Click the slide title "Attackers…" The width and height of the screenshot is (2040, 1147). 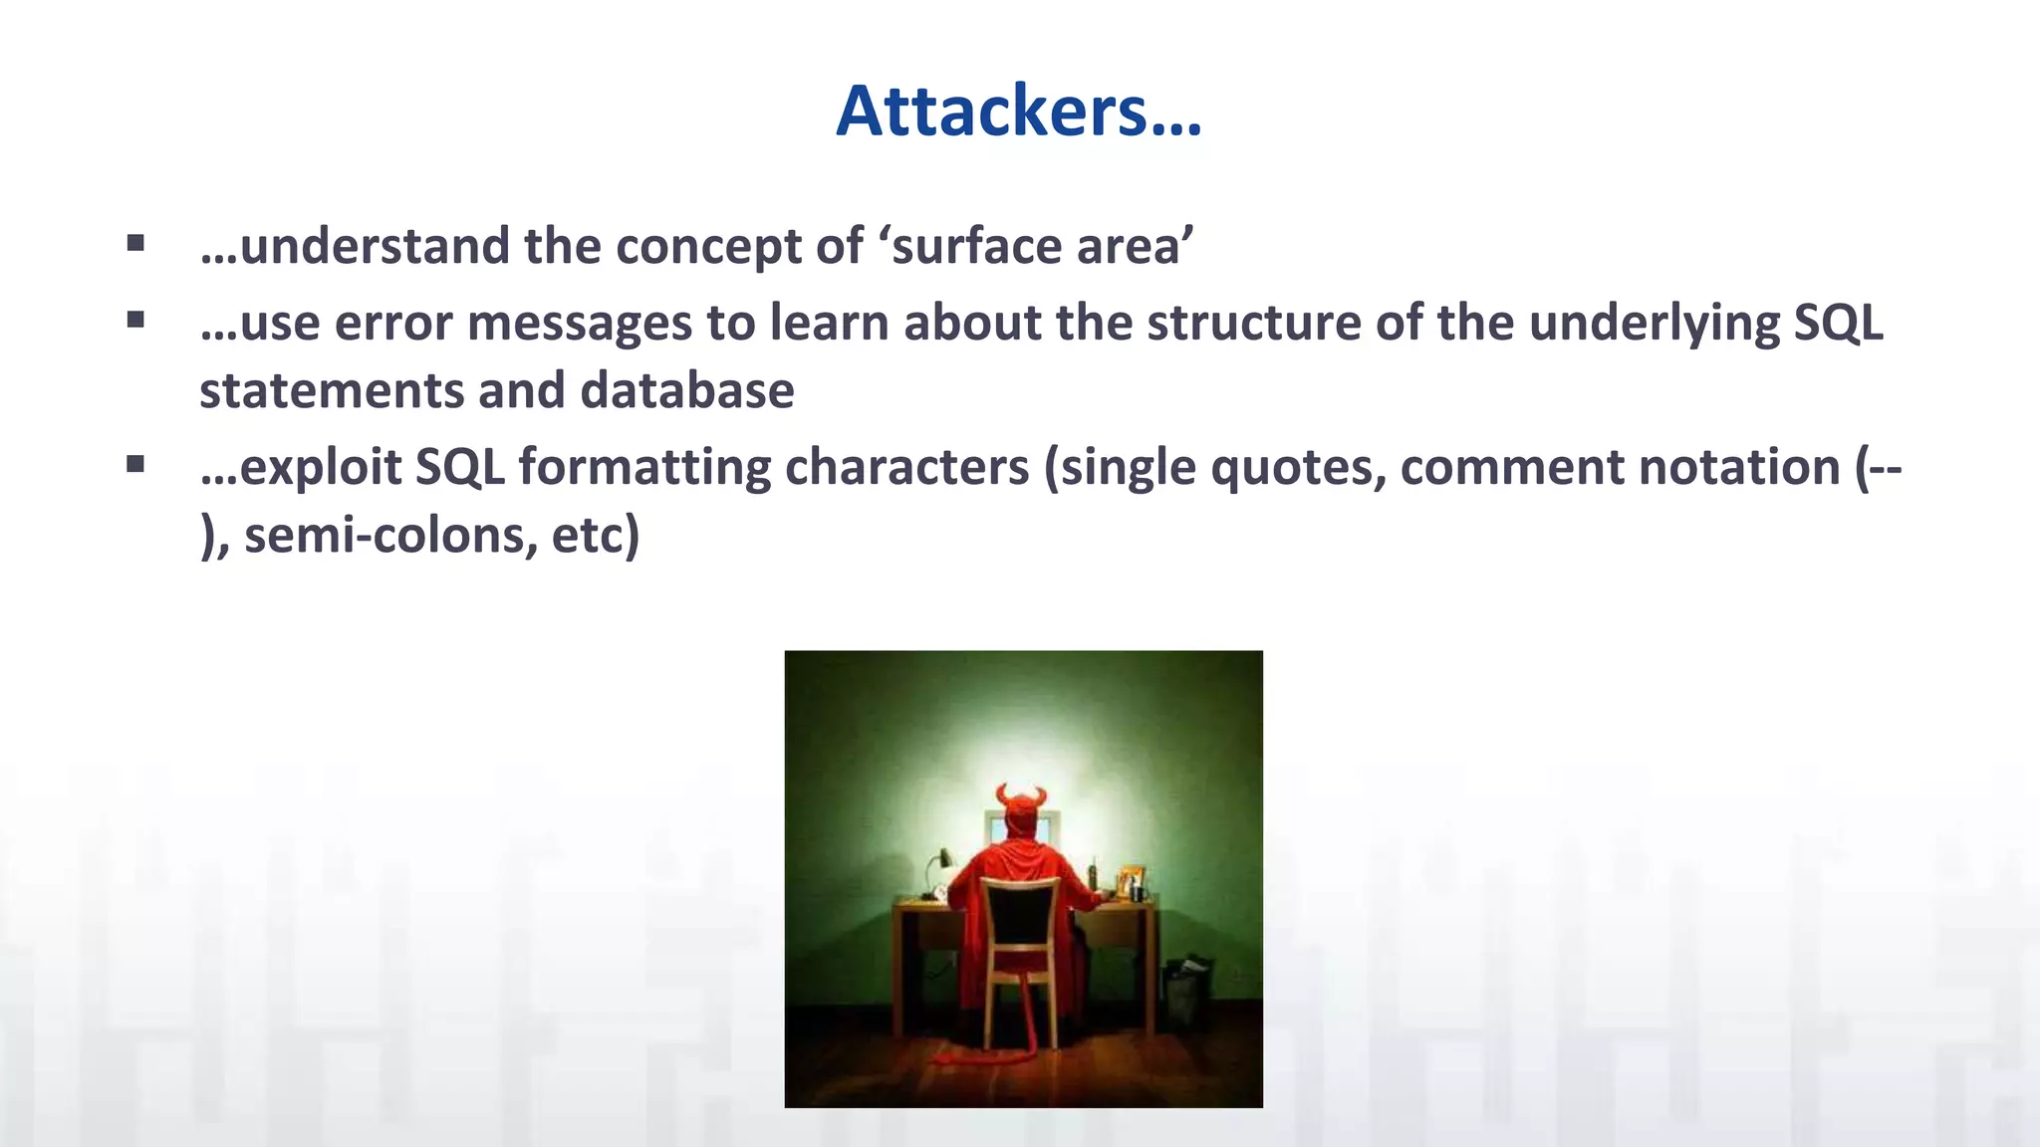point(1019,111)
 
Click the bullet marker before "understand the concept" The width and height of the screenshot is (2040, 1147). point(135,243)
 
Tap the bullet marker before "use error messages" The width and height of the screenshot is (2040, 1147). point(135,320)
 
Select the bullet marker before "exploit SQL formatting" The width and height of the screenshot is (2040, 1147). point(135,464)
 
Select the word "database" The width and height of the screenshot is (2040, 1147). point(686,390)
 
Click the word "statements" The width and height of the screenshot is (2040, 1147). point(332,390)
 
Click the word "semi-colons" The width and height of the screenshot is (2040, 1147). point(382,536)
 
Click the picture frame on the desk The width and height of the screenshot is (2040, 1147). point(1131,881)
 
